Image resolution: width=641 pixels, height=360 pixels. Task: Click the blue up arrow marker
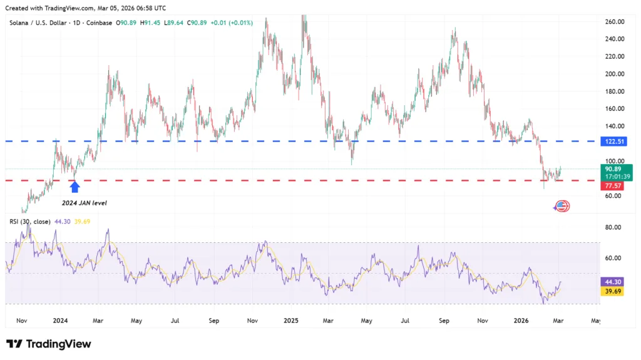74,186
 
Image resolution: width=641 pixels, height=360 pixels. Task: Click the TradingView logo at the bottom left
49,344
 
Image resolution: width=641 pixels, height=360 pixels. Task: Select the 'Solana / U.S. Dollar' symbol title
41,23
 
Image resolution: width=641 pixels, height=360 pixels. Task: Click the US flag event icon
562,206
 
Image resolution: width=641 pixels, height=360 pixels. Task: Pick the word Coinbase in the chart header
100,23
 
